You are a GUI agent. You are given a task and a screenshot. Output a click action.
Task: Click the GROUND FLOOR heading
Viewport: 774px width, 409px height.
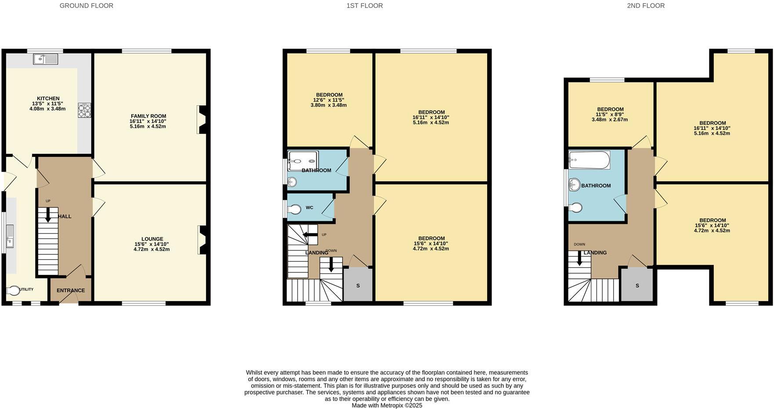coord(86,6)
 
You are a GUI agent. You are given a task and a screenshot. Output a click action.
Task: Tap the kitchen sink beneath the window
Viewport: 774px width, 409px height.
coord(45,58)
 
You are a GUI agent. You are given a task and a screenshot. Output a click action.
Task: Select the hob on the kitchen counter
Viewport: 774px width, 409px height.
coord(84,110)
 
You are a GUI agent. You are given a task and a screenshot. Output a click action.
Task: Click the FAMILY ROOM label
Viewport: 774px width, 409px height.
coord(148,116)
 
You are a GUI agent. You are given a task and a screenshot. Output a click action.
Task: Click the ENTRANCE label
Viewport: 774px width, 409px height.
coord(71,290)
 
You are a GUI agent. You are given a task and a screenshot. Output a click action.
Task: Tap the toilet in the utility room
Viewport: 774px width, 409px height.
coord(13,290)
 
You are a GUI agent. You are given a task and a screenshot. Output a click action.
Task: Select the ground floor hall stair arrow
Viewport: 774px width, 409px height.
coord(48,214)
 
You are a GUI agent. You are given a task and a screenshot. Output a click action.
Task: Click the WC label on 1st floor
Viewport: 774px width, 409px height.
coord(309,207)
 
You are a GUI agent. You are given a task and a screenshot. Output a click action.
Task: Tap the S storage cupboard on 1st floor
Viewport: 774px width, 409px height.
coord(358,286)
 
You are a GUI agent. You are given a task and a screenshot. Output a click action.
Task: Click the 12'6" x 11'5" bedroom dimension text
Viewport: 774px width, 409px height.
coord(329,100)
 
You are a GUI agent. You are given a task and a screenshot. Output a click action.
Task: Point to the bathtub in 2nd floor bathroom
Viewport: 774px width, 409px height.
coord(589,160)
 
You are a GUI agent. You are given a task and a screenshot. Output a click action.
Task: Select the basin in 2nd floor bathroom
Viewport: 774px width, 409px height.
coord(574,185)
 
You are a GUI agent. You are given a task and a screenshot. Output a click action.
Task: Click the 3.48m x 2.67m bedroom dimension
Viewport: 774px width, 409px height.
coord(610,119)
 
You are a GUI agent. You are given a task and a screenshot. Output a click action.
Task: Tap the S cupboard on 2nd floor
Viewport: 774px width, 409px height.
coord(637,286)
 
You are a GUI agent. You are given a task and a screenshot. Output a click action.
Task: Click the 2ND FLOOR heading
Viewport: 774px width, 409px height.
coord(645,6)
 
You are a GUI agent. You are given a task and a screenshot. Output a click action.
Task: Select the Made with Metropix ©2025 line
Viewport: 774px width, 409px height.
coord(387,405)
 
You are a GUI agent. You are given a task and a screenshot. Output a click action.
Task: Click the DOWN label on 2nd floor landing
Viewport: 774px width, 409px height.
coord(579,244)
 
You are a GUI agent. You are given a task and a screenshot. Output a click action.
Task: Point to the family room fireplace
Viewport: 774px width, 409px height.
coord(202,119)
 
